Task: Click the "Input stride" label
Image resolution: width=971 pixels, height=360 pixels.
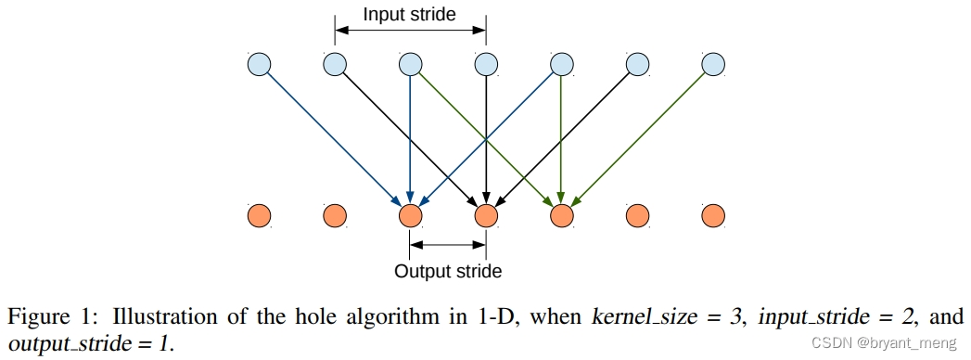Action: click(410, 14)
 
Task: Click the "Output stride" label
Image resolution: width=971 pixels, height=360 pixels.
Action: click(448, 272)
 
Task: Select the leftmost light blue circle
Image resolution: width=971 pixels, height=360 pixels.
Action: click(259, 65)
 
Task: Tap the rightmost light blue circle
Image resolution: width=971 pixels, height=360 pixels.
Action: click(712, 65)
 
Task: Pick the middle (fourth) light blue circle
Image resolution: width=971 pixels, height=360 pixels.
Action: click(486, 65)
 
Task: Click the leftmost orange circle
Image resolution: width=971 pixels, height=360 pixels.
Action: click(259, 216)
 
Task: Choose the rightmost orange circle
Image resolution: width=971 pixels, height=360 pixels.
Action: click(712, 216)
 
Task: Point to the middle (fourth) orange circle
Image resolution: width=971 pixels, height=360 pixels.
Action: click(486, 216)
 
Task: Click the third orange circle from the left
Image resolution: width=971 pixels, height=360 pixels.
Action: click(410, 216)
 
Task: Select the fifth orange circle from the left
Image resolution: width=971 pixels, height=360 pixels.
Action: click(561, 216)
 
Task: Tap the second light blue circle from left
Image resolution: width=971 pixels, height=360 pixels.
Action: click(335, 65)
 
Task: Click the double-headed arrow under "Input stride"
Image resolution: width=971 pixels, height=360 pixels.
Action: click(410, 31)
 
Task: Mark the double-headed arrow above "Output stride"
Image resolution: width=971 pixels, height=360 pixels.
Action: click(448, 246)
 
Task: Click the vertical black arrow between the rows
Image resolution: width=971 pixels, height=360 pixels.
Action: click(486, 139)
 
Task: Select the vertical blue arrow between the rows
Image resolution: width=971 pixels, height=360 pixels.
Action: click(410, 139)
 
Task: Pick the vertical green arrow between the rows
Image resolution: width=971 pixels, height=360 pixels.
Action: click(561, 139)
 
